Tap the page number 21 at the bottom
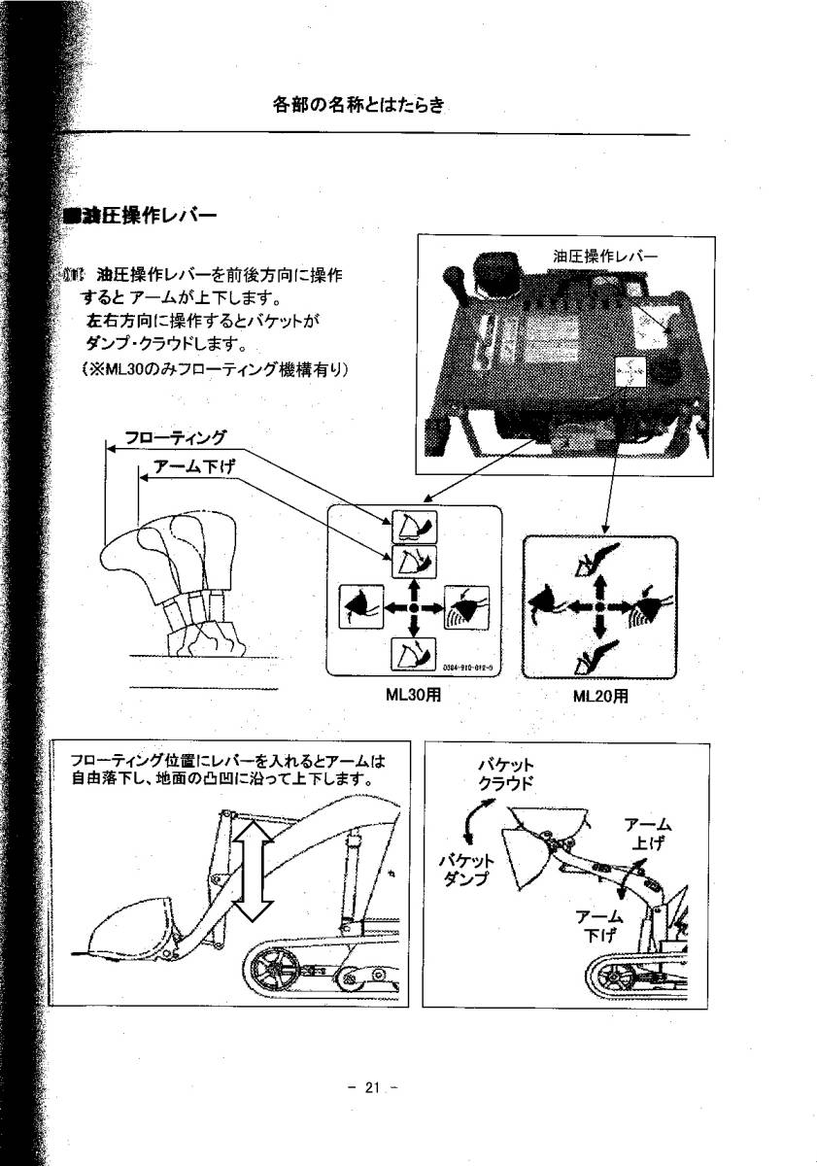(x=374, y=1088)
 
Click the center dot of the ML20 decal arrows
(x=599, y=607)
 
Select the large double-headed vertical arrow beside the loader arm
(x=250, y=867)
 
